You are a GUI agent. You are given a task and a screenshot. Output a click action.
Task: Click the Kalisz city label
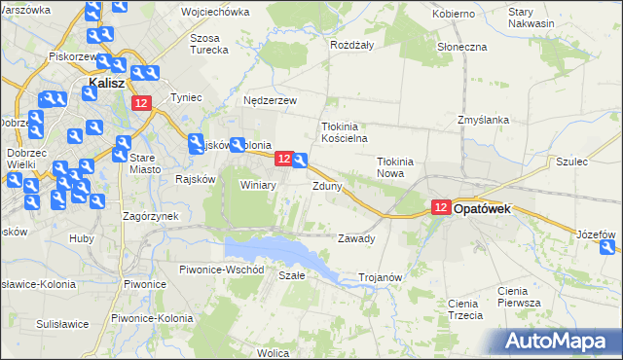coord(105,85)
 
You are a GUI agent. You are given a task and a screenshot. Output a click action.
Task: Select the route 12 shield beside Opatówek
coord(441,207)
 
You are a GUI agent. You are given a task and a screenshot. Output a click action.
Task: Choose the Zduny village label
coord(327,185)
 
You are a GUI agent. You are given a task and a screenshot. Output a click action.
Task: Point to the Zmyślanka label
coord(484,120)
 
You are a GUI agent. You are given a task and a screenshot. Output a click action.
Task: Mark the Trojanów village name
coord(381,277)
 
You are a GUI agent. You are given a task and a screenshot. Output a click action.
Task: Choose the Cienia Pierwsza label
coord(519,297)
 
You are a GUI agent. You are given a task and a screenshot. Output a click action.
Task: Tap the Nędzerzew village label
coord(271,99)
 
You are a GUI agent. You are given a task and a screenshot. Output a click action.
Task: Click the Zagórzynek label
coord(149,216)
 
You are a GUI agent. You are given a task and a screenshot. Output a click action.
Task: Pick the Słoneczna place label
coord(462,47)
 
